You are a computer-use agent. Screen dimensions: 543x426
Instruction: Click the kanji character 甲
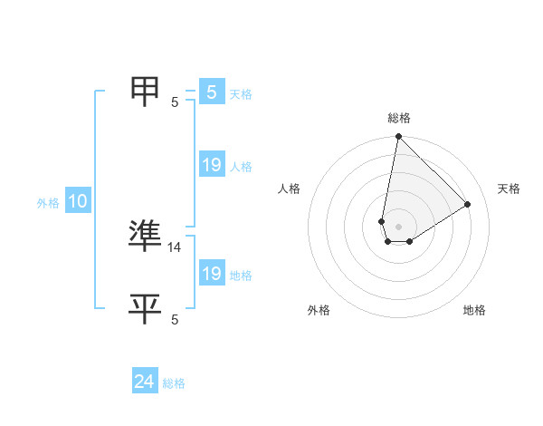(147, 92)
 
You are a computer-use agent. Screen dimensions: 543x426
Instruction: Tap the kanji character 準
(147, 236)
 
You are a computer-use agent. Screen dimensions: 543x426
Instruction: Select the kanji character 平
(147, 308)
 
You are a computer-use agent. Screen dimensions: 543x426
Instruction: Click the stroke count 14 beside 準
(175, 247)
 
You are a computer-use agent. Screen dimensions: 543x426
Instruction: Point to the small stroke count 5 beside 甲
(175, 102)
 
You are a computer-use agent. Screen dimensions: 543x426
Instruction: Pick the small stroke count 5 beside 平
(175, 319)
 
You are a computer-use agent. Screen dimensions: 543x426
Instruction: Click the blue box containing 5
(211, 92)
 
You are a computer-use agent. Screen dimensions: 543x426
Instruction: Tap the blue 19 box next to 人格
(211, 165)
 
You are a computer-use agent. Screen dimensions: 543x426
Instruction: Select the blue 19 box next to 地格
(211, 274)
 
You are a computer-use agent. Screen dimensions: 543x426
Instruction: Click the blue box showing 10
(78, 201)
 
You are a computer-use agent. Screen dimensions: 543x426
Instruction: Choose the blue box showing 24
(144, 382)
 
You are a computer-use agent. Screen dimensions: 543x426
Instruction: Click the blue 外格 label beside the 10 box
(48, 203)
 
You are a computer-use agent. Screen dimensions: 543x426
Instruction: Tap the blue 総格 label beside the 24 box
(174, 383)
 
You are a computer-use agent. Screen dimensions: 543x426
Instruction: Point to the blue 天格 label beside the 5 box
(240, 93)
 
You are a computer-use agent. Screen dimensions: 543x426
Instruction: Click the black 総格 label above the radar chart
(399, 118)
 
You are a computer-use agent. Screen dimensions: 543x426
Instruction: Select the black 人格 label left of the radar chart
(290, 189)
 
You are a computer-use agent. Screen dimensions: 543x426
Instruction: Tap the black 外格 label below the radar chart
(319, 310)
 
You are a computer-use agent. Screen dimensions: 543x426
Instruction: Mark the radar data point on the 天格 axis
(468, 204)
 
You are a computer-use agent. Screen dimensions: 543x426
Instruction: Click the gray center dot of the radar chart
(399, 226)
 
